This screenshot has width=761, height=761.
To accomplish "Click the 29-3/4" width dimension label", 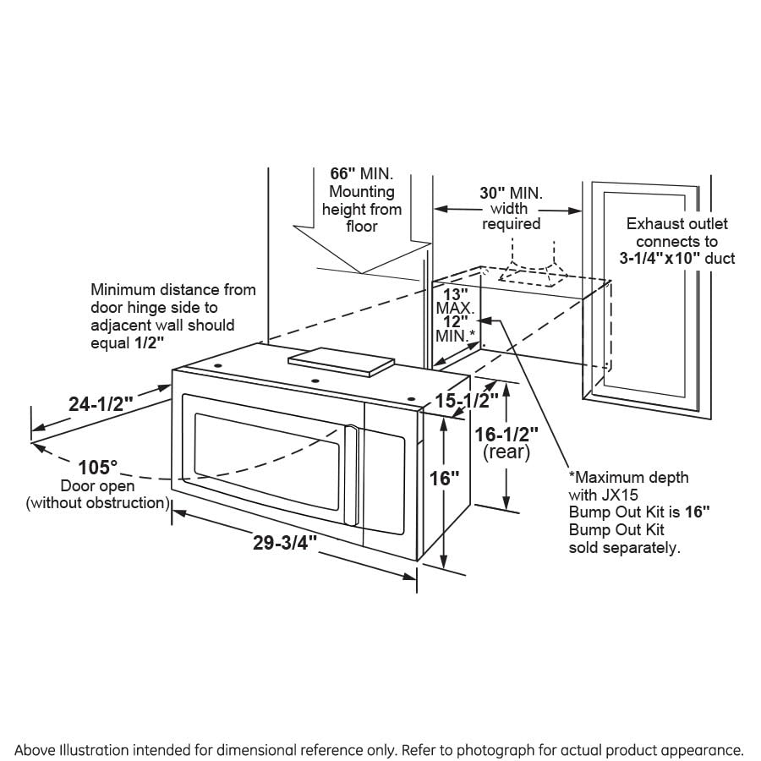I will coord(283,543).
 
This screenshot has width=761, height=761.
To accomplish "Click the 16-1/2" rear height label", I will coord(506,435).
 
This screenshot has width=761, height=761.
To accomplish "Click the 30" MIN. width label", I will coord(511,191).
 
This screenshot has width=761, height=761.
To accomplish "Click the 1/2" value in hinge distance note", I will coord(150,342).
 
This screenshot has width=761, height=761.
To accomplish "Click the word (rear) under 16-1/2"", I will coord(506,453).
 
